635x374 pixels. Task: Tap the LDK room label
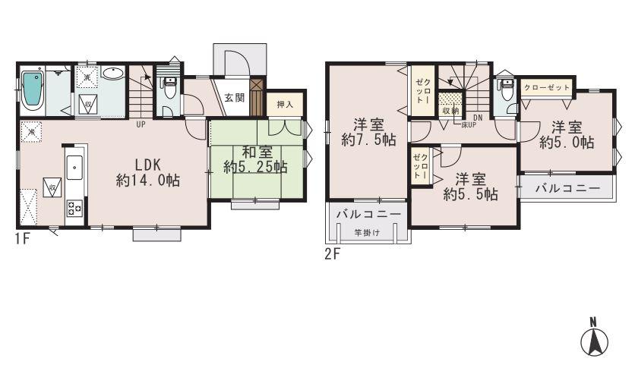(x=147, y=165)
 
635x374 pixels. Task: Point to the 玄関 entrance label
(x=234, y=98)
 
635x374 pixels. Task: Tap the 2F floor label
(x=332, y=254)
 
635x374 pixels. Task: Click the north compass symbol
(x=595, y=339)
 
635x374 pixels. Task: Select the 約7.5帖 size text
(x=368, y=140)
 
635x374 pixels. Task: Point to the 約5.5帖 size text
(x=471, y=194)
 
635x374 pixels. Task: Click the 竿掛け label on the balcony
(x=368, y=233)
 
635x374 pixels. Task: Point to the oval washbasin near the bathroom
(x=113, y=74)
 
